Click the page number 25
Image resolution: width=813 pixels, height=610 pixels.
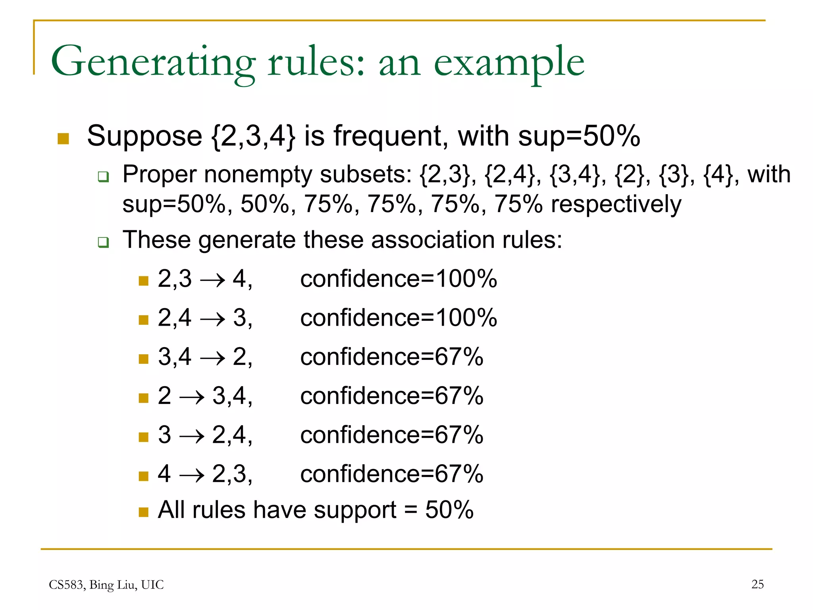click(757, 584)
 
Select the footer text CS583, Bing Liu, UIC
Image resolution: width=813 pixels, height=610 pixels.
click(106, 585)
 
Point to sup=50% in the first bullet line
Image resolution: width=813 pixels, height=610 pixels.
click(579, 136)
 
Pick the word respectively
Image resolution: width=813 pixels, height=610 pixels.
click(616, 204)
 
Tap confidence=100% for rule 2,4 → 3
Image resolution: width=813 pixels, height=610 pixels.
click(399, 318)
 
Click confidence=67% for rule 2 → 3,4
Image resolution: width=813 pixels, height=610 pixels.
click(392, 396)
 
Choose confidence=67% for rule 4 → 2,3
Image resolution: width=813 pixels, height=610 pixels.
click(392, 474)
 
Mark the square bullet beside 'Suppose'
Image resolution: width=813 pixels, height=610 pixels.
click(63, 139)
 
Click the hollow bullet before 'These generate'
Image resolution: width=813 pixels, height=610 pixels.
click(103, 242)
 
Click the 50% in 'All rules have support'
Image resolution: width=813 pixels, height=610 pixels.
click(449, 510)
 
